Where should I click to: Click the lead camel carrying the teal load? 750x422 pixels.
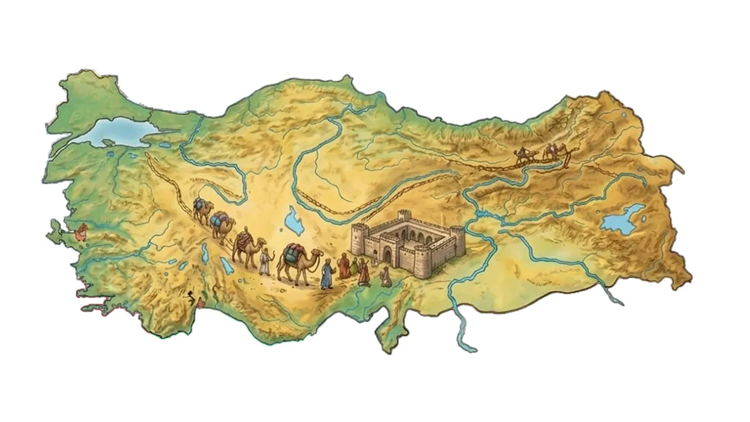click(296, 264)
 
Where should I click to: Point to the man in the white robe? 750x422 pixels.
click(265, 261)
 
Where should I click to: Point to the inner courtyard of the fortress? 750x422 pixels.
click(410, 234)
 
